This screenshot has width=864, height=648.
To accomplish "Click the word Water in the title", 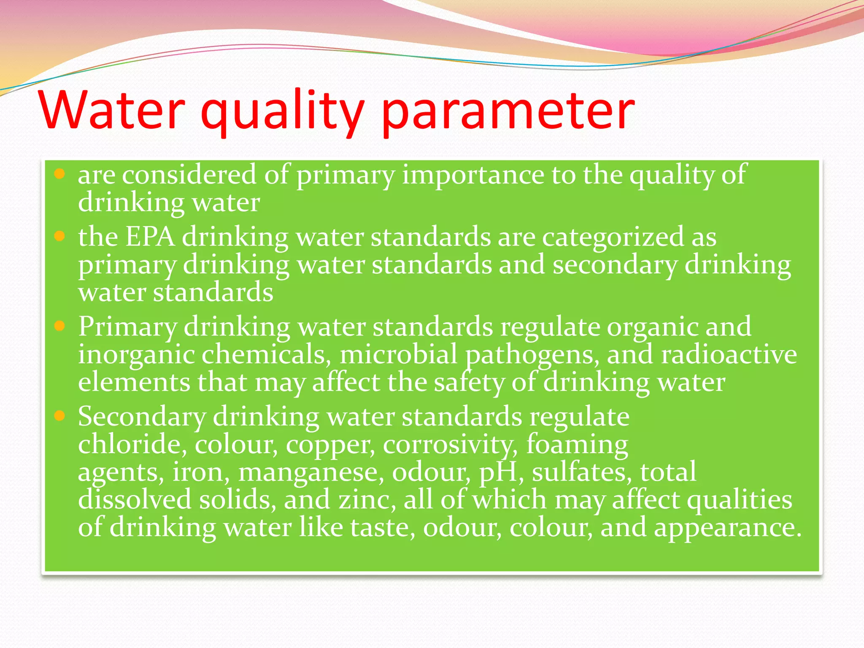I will coord(112,111).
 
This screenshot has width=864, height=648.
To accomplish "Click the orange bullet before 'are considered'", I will coord(59,174).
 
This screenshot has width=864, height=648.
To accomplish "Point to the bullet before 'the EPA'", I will coord(59,236).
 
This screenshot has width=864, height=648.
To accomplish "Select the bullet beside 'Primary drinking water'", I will coord(59,326).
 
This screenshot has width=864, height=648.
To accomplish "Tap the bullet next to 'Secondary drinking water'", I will coord(59,416).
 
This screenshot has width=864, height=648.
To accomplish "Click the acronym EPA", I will coord(150,236).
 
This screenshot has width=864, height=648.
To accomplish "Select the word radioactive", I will coord(729,354).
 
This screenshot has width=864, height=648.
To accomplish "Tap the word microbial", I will coord(398,354).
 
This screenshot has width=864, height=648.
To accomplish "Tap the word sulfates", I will coord(582,472).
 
